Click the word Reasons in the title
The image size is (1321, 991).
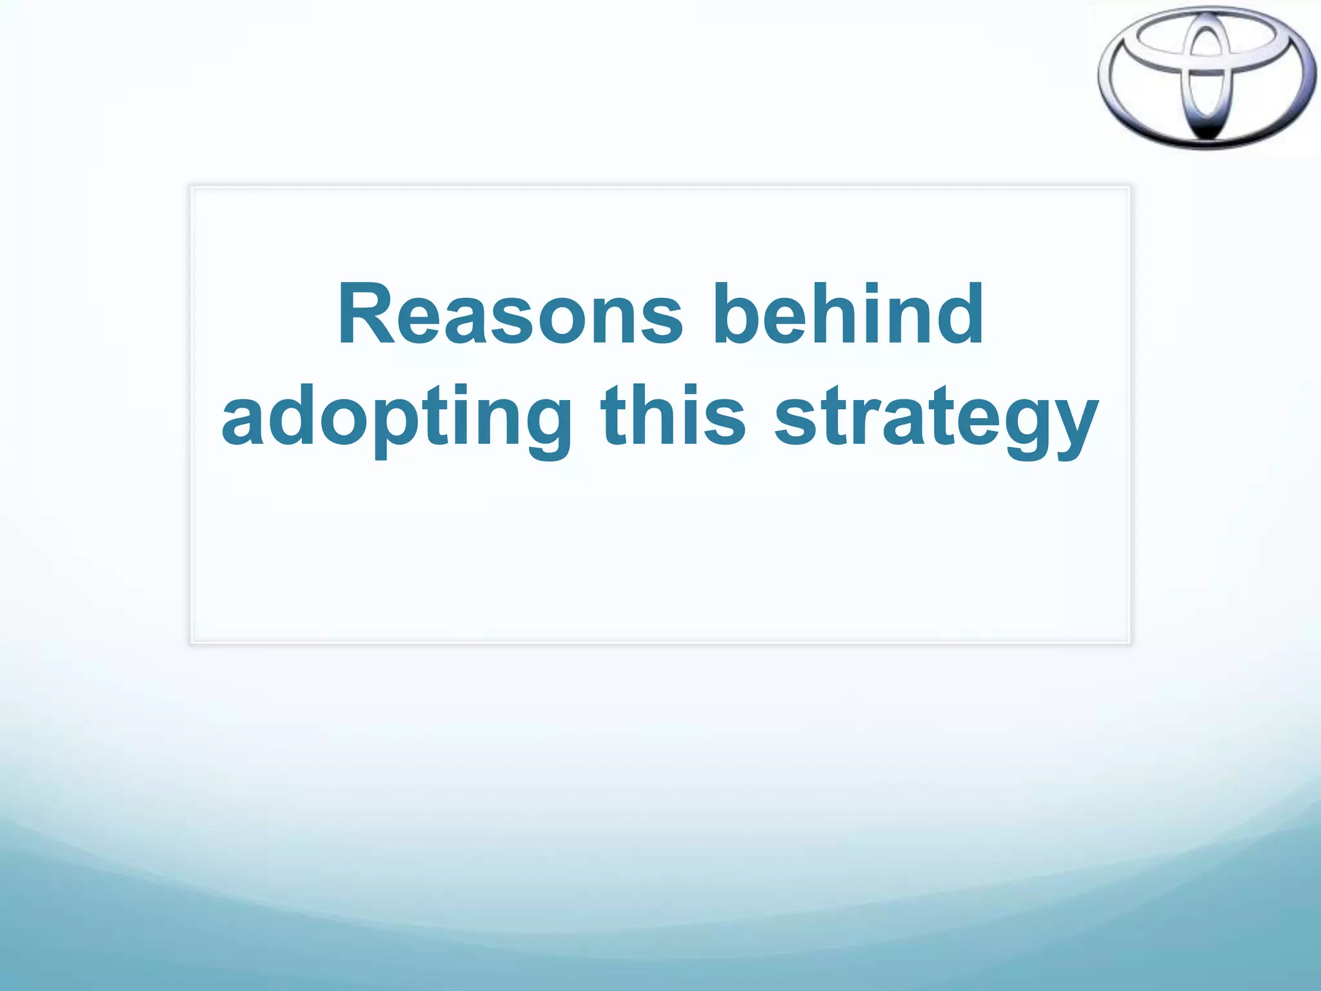pos(510,314)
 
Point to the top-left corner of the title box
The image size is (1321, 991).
pos(192,187)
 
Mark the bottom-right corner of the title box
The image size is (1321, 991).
pos(1129,643)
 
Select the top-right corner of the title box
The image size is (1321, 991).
pos(1129,187)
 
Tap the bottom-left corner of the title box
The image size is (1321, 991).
pos(192,643)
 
